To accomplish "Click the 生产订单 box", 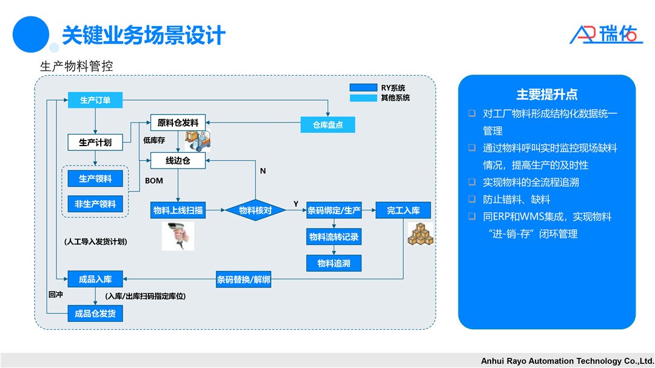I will click(95, 100).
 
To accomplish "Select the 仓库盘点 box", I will click(327, 125).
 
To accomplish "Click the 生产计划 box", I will click(95, 142).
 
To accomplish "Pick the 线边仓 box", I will click(178, 161).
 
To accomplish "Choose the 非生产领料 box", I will click(95, 204).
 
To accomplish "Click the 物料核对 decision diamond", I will click(255, 210).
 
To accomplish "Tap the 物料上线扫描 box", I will click(178, 210).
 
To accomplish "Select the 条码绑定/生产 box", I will click(334, 210).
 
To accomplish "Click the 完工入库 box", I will click(403, 210).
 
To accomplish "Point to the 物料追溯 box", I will click(334, 263).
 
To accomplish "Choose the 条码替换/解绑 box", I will click(244, 279).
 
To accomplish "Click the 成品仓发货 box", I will click(95, 313).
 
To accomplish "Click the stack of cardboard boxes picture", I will click(420, 235).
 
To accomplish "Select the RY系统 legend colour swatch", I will click(363, 87).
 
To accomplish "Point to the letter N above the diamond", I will click(263, 171).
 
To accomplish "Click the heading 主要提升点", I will click(546, 95).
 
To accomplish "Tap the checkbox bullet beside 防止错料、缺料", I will click(472, 199).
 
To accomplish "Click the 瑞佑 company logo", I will click(606, 34).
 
